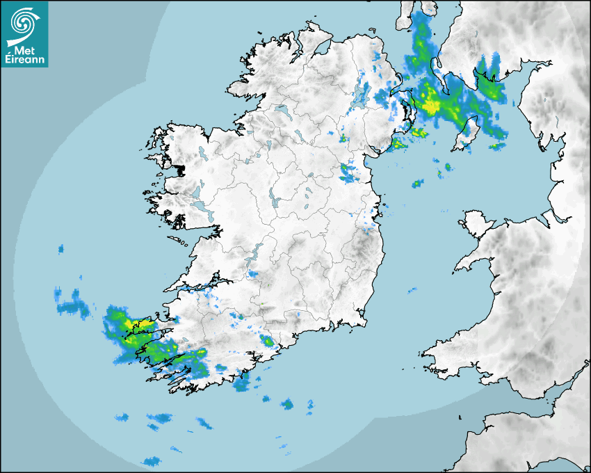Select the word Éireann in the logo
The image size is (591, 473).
tap(26, 60)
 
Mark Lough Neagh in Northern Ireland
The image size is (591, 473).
tap(361, 95)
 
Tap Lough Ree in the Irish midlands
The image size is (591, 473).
tap(274, 200)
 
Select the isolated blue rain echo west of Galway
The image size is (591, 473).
tap(61, 248)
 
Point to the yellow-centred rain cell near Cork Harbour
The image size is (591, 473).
tap(267, 341)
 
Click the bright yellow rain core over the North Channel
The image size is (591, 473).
tap(432, 106)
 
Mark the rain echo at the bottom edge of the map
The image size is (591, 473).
tap(151, 460)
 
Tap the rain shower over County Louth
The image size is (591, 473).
tap(348, 172)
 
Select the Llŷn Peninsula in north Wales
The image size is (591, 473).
tap(473, 264)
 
